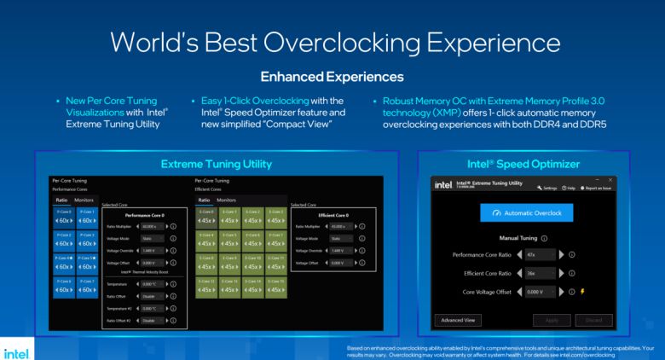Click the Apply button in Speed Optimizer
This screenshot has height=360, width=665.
[x=552, y=320]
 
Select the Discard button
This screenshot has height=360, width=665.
[x=593, y=320]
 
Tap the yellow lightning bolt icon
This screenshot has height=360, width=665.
[x=582, y=291]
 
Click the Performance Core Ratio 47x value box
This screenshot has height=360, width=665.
[x=539, y=254]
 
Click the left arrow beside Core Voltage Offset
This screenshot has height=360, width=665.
[x=519, y=291]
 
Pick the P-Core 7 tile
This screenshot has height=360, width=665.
[x=87, y=287]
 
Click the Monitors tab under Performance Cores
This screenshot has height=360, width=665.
[x=84, y=200]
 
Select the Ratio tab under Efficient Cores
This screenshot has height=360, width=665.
[x=205, y=200]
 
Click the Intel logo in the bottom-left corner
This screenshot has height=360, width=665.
[x=16, y=351]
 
